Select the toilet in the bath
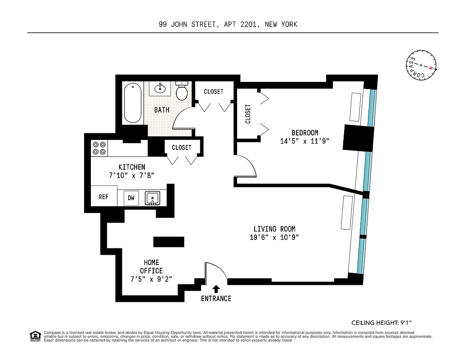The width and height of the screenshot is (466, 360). pos(182,91)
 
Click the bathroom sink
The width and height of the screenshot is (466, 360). pos(160,88)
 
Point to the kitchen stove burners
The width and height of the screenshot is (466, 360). pos(99,148)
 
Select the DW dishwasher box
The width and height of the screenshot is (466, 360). pos(131,198)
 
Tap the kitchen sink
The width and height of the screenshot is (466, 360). pos(152,198)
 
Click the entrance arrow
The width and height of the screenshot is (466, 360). pos(216,289)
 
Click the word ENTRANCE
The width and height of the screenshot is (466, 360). pos(216,298)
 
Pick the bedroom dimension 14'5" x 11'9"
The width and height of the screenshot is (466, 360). pos(305,141)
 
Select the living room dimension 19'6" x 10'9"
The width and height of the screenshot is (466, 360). pos(274,237)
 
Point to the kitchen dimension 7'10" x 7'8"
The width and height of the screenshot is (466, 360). pos(132,175)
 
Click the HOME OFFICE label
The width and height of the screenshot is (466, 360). pos(151,266)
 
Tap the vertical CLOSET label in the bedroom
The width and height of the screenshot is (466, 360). pos(248,114)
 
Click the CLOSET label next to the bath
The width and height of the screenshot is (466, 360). pos(213,91)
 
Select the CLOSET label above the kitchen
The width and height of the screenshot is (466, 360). pos(181,148)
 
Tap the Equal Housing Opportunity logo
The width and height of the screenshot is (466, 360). pos(35,336)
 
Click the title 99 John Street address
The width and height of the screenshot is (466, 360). pos(228,25)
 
